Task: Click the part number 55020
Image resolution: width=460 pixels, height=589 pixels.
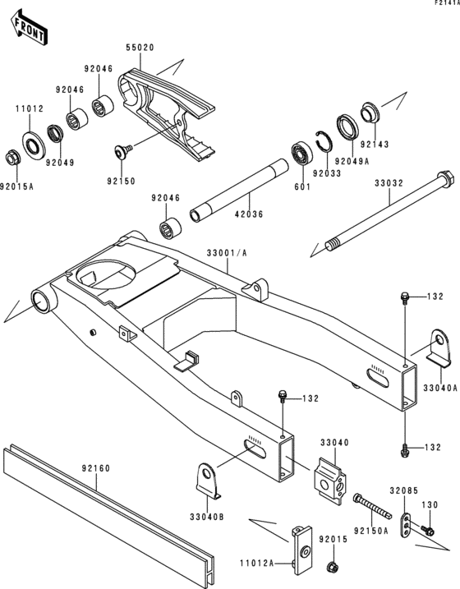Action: point(139,48)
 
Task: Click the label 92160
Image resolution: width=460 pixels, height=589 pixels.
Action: point(95,470)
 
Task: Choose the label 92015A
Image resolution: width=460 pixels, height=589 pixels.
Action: point(16,186)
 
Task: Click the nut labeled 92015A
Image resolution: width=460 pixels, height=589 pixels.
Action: point(11,156)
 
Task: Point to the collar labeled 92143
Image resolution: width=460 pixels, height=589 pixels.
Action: point(370,111)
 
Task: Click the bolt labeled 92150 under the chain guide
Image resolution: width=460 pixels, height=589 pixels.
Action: point(123,151)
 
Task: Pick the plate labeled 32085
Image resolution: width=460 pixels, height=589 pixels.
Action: point(406,526)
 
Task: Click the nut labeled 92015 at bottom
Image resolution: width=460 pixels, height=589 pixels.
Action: point(333,567)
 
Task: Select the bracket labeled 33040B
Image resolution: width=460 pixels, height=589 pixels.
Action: point(209,481)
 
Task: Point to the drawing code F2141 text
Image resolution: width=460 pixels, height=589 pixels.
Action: point(443,4)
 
